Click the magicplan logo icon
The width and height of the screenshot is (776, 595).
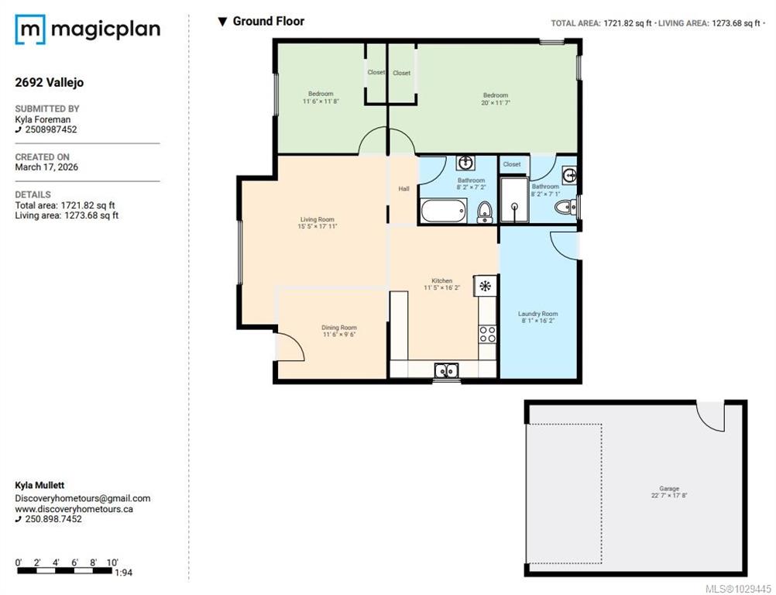[30, 29]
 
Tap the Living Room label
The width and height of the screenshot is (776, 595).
[318, 219]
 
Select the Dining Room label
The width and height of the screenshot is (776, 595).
[339, 327]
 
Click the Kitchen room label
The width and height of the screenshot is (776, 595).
[442, 280]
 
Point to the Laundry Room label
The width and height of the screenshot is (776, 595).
[538, 314]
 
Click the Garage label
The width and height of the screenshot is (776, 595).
[669, 489]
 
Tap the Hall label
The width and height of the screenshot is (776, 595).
[403, 188]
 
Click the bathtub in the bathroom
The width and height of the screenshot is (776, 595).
[444, 211]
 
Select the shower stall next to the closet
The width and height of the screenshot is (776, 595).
[515, 200]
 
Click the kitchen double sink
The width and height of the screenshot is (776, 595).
[447, 370]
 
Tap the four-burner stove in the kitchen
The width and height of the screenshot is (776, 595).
[487, 335]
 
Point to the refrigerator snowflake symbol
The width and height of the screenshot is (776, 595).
[485, 286]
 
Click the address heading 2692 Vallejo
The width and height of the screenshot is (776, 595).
[50, 82]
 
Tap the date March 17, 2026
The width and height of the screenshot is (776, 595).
[46, 167]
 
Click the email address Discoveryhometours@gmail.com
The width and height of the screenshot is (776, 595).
[83, 498]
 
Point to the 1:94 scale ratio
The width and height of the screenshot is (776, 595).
[124, 573]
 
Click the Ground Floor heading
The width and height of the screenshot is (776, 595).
[269, 21]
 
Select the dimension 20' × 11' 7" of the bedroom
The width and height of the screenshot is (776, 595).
[496, 103]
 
